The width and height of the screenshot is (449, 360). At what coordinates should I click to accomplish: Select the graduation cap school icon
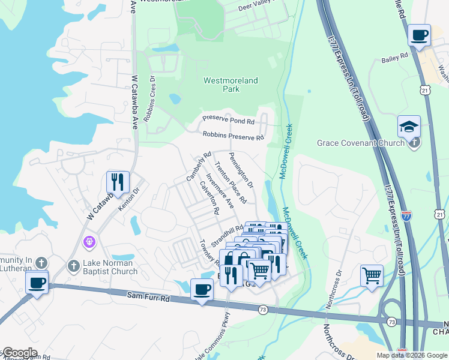[x=409, y=127]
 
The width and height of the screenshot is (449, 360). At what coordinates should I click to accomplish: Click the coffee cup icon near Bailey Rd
[x=419, y=35]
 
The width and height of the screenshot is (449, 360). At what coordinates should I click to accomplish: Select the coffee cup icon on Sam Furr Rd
[x=202, y=290]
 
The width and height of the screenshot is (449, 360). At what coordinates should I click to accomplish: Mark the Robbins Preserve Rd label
[x=233, y=137]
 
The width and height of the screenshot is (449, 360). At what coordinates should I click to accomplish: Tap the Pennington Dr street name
[x=241, y=170]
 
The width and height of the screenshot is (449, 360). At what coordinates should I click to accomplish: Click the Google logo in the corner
[x=19, y=353]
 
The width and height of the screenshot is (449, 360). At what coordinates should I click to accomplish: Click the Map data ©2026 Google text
[x=411, y=355]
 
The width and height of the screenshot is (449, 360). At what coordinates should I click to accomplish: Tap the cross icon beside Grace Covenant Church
[x=414, y=143]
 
